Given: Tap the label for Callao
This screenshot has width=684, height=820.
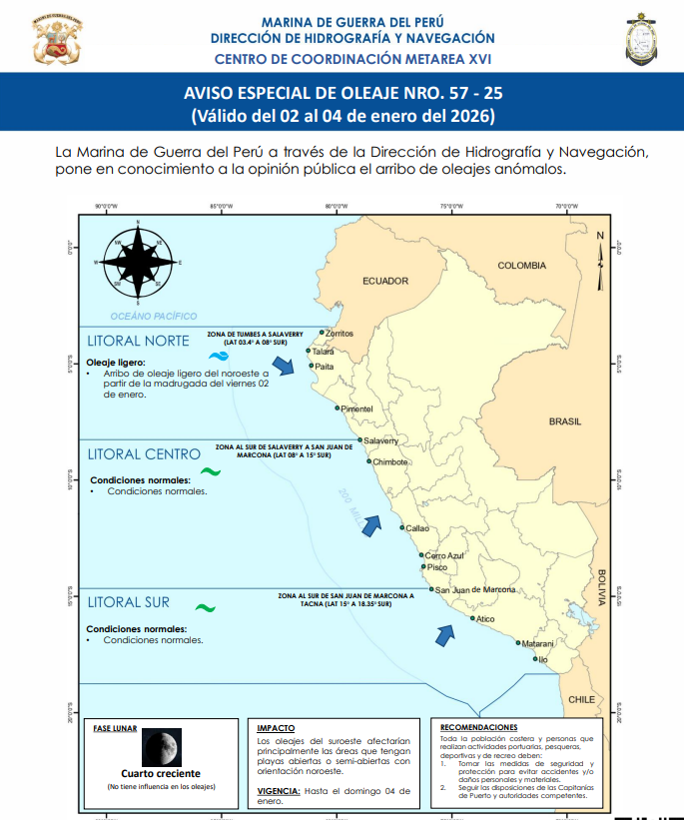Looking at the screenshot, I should tap(417, 527).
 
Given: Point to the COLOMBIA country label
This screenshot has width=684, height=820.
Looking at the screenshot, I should tap(522, 266).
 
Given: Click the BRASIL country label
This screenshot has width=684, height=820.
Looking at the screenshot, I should tap(565, 421).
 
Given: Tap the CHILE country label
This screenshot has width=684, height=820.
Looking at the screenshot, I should tap(582, 700).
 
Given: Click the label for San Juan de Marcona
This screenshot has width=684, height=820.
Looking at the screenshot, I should tap(475, 589).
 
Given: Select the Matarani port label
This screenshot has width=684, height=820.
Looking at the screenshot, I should tap(538, 644).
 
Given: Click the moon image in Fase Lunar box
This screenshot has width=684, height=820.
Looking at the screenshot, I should tap(161, 747).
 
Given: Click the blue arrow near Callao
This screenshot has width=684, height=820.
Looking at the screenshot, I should tap(372, 525).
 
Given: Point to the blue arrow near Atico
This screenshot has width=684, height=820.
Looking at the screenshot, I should tap(443, 634).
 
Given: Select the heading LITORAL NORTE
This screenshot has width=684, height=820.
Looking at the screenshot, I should tap(138, 341).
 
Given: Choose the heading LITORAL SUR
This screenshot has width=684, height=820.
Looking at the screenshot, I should tap(128, 602).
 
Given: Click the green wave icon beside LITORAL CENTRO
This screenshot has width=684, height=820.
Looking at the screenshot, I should tap(211, 471).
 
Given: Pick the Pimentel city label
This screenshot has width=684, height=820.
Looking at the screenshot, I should tap(356, 410).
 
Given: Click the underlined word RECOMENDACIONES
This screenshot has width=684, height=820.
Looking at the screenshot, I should tap(478, 727).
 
